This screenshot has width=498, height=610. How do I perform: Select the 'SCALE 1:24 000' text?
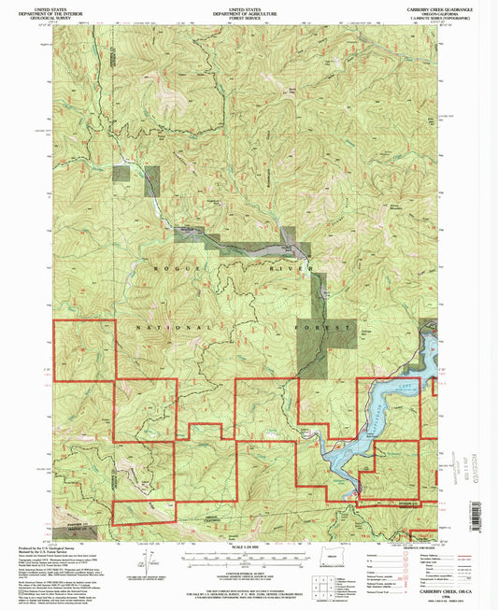pyautogui.click(x=248, y=547)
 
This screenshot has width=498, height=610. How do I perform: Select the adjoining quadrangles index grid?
pyautogui.click(x=326, y=589)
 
